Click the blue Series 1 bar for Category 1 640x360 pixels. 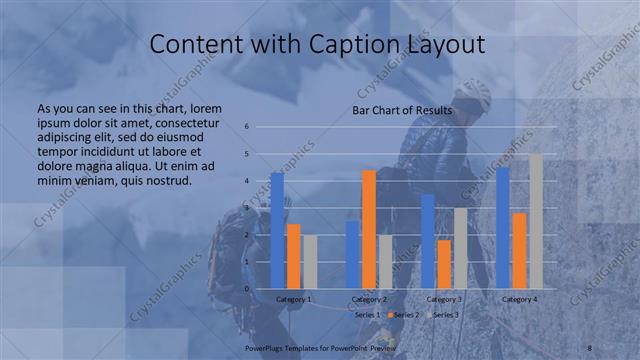pyautogui.click(x=277, y=231)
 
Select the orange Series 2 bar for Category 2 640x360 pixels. pyautogui.click(x=369, y=229)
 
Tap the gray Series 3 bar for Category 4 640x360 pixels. pyautogui.click(x=536, y=221)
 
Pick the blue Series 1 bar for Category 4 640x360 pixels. pyautogui.click(x=503, y=228)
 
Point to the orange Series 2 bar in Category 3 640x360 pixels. pyautogui.click(x=444, y=264)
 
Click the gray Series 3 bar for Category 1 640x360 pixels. pyautogui.click(x=310, y=262)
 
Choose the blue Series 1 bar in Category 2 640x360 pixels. pyautogui.click(x=352, y=255)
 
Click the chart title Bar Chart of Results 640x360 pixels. pyautogui.click(x=402, y=110)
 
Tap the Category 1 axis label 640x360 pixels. pyautogui.click(x=293, y=299)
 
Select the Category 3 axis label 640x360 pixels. pyautogui.click(x=444, y=299)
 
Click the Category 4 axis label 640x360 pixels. pyautogui.click(x=519, y=299)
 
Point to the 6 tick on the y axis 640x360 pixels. pyautogui.click(x=246, y=127)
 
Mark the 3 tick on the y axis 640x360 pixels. pyautogui.click(x=246, y=208)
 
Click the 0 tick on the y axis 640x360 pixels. pyautogui.click(x=246, y=289)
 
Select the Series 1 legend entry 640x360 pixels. pyautogui.click(x=367, y=314)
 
